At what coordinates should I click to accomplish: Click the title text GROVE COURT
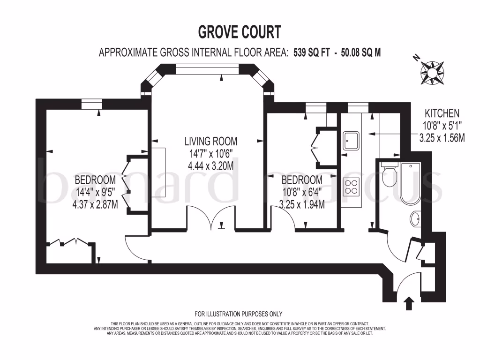click(240, 32)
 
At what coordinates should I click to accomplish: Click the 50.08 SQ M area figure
click(361, 52)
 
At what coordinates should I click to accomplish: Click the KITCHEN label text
click(442, 113)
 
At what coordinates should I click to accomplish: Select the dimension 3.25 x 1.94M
click(302, 204)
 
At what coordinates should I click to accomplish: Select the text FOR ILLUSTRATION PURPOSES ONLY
click(239, 314)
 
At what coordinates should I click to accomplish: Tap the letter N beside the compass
click(415, 58)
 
